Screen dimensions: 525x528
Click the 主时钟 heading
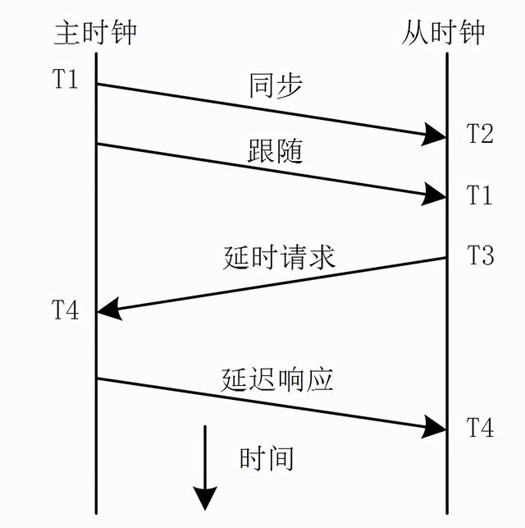click(x=95, y=33)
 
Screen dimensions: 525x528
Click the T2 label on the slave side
click(x=480, y=132)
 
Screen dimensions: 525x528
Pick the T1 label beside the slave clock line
click(x=480, y=195)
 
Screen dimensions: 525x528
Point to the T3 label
click(x=480, y=255)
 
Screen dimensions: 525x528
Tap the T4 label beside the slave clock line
click(x=480, y=427)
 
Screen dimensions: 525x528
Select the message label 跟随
click(x=276, y=151)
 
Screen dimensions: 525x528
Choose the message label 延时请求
click(x=279, y=258)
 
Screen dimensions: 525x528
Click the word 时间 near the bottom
click(x=267, y=458)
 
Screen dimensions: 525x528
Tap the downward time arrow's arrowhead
click(x=205, y=498)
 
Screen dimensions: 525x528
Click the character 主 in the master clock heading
click(x=68, y=33)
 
